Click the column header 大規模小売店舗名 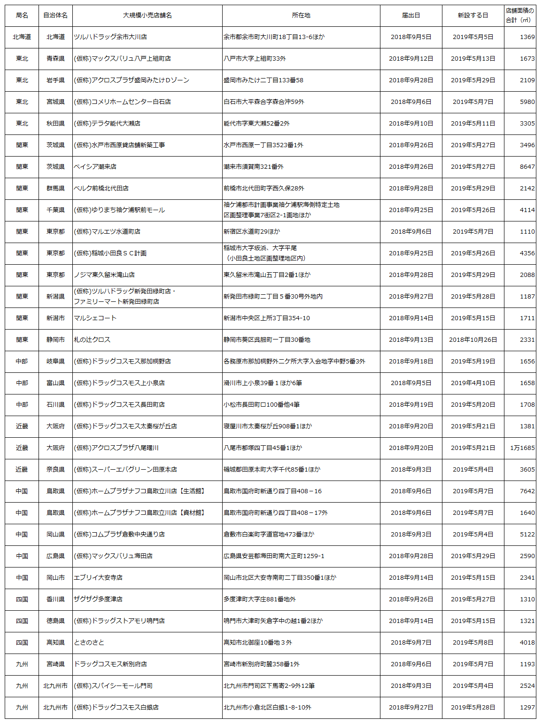point(147,16)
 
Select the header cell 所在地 point(301,16)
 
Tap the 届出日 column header point(411,16)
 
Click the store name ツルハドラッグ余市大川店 point(110,37)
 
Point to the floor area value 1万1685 point(522,448)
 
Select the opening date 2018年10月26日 point(473,339)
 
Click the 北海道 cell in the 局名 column point(22,37)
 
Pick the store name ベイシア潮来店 point(95,166)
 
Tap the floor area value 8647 point(527,166)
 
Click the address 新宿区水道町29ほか point(252,231)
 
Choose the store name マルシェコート point(95,318)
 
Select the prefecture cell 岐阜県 point(55,361)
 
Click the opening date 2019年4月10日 point(473,383)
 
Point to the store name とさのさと point(89,642)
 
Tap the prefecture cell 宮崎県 point(55,664)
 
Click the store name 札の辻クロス point(92,339)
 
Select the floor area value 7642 point(527,491)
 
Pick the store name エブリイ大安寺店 point(98,577)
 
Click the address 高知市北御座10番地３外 point(258,642)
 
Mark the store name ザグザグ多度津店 point(98,599)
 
